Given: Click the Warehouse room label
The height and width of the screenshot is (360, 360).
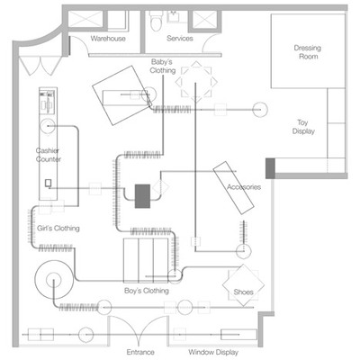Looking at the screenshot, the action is pyautogui.click(x=108, y=39).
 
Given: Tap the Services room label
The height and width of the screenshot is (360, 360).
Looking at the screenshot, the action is pyautogui.click(x=180, y=39).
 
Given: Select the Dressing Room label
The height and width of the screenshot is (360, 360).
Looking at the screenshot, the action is pyautogui.click(x=308, y=52).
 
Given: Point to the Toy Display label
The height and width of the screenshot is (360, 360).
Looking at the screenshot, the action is pyautogui.click(x=303, y=127).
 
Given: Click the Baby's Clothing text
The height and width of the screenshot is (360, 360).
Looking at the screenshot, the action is pyautogui.click(x=162, y=67).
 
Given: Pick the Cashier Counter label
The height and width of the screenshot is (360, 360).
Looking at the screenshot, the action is pyautogui.click(x=48, y=155).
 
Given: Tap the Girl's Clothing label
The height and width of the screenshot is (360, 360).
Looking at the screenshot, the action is pyautogui.click(x=58, y=229).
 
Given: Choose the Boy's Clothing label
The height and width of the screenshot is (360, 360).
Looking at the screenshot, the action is pyautogui.click(x=147, y=291).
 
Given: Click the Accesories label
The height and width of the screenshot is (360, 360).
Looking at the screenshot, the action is pyautogui.click(x=244, y=187).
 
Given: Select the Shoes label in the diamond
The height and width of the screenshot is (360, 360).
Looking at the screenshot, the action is pyautogui.click(x=243, y=292).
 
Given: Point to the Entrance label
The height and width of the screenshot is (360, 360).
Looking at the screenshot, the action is pyautogui.click(x=140, y=352).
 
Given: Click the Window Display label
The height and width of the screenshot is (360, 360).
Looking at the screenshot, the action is pyautogui.click(x=213, y=352).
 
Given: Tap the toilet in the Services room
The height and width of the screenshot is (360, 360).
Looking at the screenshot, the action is pyautogui.click(x=156, y=22).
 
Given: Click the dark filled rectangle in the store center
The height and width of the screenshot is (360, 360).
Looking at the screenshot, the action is pyautogui.click(x=142, y=196).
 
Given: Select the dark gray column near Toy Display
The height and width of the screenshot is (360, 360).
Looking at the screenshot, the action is pyautogui.click(x=270, y=168).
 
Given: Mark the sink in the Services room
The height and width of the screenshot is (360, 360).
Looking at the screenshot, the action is pyautogui.click(x=174, y=16).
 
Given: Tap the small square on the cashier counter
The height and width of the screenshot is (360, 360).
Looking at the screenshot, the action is pyautogui.click(x=48, y=183).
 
